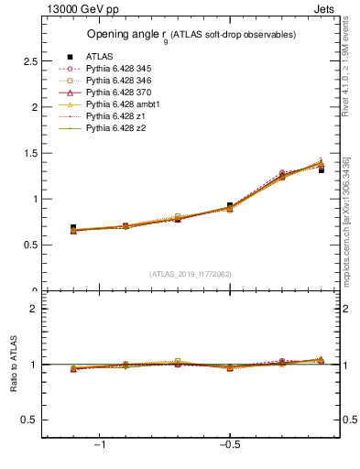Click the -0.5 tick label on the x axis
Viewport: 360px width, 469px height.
coord(229,444)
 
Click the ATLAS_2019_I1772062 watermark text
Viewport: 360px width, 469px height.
coord(191,273)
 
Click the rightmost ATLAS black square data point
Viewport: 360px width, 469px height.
coord(321,170)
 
